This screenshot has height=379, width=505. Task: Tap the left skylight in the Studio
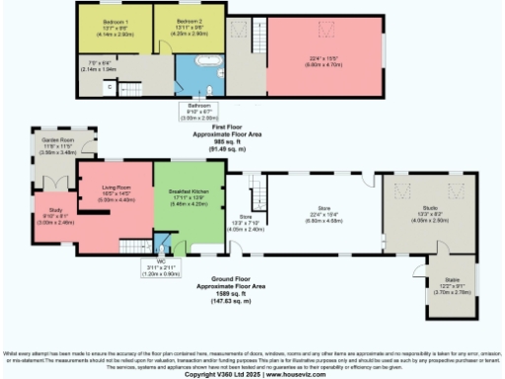pos(403,189)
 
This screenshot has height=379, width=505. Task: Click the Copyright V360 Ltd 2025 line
pos(252,373)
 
